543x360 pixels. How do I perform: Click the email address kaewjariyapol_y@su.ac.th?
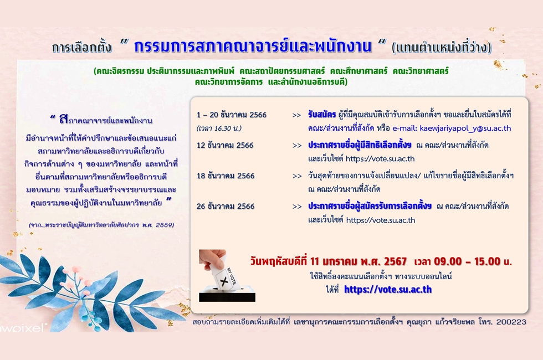465,128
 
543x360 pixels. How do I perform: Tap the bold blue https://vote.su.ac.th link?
388,289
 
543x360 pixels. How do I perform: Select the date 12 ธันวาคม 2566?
226,145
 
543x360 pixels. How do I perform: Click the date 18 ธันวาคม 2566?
226,176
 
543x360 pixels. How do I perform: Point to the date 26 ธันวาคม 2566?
226,206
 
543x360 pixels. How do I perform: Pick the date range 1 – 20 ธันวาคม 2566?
232,115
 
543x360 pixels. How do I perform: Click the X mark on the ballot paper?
224,281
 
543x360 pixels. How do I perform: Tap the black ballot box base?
227,297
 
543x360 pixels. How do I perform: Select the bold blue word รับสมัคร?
322,115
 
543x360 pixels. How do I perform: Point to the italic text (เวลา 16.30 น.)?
219,128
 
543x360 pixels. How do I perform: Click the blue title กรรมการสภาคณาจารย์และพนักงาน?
253,47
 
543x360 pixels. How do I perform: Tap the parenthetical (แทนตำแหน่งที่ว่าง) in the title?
442,48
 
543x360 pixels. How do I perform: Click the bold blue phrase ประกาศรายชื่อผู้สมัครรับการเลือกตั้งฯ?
370,206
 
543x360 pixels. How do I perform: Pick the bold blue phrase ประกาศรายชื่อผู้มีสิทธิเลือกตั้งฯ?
360,145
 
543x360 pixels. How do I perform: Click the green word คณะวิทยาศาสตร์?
421,71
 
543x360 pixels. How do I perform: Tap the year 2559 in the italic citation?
165,225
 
